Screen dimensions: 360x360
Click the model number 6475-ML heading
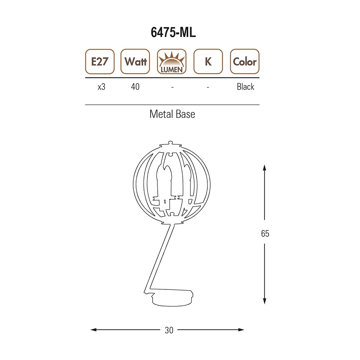(173, 32)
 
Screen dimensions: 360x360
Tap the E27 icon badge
(100, 62)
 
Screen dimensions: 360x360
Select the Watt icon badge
(135, 62)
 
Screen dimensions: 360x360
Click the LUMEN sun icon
(172, 62)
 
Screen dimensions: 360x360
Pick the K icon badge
(208, 62)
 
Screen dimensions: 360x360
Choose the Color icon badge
(245, 62)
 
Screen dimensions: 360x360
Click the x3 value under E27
(102, 87)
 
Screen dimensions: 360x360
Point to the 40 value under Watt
(135, 87)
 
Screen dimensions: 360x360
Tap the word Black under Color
(246, 87)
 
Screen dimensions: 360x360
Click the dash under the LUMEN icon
(172, 87)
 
